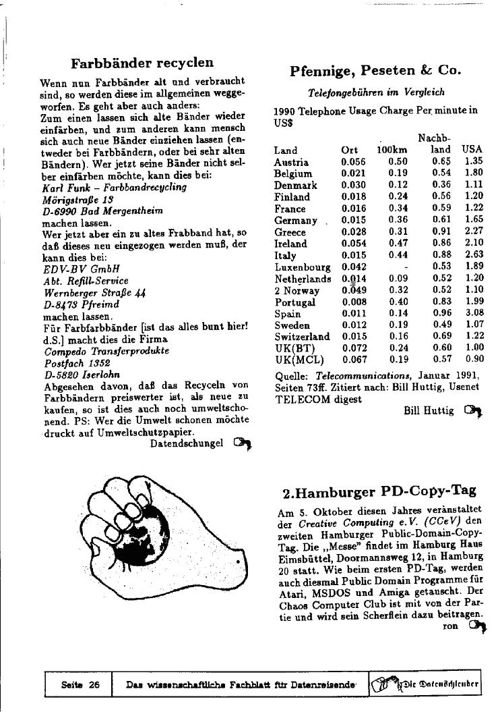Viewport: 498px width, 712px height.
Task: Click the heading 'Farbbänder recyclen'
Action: pos(142,63)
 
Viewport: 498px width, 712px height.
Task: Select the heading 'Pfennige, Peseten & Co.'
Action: pos(375,70)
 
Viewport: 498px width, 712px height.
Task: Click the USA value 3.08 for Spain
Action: pos(474,313)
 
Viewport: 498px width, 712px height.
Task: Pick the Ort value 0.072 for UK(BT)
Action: pos(353,348)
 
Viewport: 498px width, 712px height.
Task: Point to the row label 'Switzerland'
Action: pos(302,336)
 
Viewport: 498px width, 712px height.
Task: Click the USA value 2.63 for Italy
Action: pos(474,255)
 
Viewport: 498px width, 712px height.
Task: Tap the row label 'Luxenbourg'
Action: pos(302,267)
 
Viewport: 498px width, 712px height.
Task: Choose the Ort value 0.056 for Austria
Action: pos(353,163)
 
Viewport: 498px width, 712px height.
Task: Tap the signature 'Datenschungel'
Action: pos(186,443)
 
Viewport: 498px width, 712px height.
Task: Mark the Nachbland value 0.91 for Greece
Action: pos(441,232)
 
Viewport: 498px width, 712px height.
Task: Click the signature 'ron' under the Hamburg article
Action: pos(451,626)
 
